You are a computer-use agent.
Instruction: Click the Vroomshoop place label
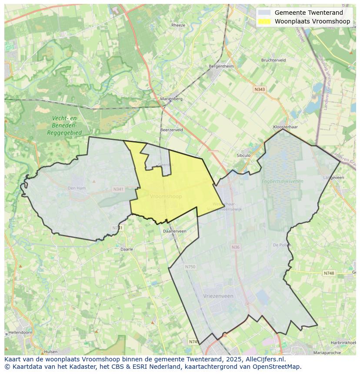166,197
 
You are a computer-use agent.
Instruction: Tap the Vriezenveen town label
218,296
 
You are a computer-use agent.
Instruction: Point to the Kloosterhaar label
285,127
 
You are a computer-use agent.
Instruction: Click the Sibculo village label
243,155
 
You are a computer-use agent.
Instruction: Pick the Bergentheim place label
221,66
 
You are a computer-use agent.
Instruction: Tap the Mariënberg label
171,99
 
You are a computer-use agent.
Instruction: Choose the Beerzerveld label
171,130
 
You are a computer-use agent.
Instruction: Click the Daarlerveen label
174,232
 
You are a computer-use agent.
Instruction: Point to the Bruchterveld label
273,60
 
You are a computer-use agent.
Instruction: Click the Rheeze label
178,25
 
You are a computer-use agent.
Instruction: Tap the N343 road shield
260,89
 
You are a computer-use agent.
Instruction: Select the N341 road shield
118,189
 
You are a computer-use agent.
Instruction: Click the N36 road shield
235,247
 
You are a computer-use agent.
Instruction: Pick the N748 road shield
329,273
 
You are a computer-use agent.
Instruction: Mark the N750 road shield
190,267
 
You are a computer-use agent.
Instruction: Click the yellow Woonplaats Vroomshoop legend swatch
264,21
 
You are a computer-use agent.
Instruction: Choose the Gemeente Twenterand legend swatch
264,13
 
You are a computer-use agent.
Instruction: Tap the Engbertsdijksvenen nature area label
282,182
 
